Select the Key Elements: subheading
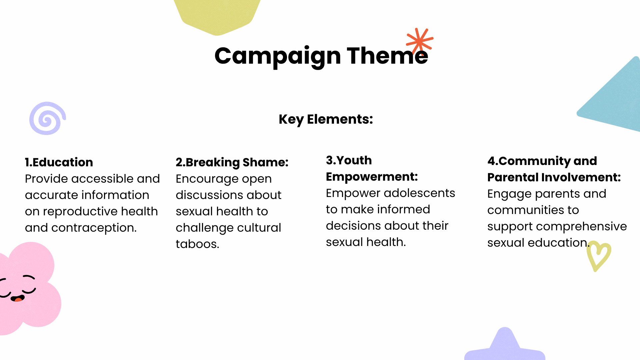point(326,119)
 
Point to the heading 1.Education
point(59,162)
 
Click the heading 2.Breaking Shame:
point(232,162)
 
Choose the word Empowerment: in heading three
point(372,177)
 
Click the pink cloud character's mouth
point(18,298)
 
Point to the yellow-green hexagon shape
point(217,15)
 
